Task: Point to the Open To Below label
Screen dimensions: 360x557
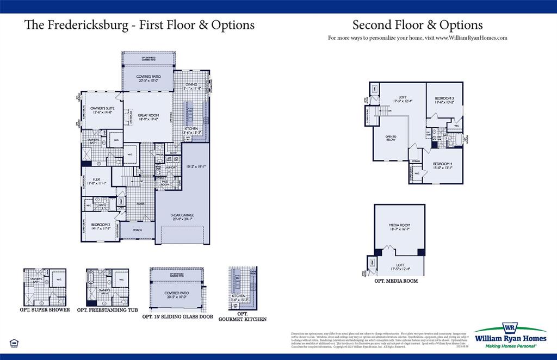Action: [391, 138]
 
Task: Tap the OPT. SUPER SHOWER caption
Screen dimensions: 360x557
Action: [46, 310]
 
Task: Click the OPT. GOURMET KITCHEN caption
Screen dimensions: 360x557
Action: [242, 317]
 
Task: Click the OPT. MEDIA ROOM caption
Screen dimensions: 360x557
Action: [396, 281]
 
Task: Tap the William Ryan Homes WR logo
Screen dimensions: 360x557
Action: [509, 330]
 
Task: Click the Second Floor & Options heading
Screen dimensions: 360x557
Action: [417, 25]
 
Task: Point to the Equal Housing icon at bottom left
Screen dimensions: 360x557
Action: [14, 343]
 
